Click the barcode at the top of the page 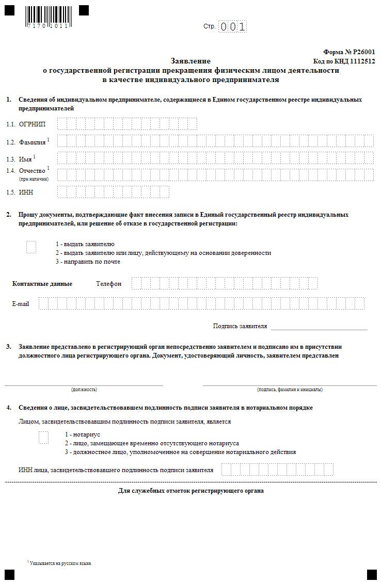click(x=46, y=17)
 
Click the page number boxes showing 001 click(x=232, y=26)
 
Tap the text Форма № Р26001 click(x=349, y=52)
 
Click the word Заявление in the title click(x=190, y=61)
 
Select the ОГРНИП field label click(x=32, y=124)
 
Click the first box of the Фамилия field click(x=62, y=141)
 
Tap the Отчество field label click(x=33, y=170)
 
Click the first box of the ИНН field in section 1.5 click(x=62, y=192)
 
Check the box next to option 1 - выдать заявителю click(x=31, y=247)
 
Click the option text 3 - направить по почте click(x=88, y=262)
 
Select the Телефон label click(x=108, y=284)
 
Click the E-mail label click(x=21, y=304)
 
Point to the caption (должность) click(x=84, y=390)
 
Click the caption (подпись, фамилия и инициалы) click(x=290, y=390)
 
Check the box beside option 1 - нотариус click(x=43, y=438)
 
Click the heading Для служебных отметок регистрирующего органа click(x=191, y=491)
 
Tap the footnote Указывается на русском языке click(x=61, y=563)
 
